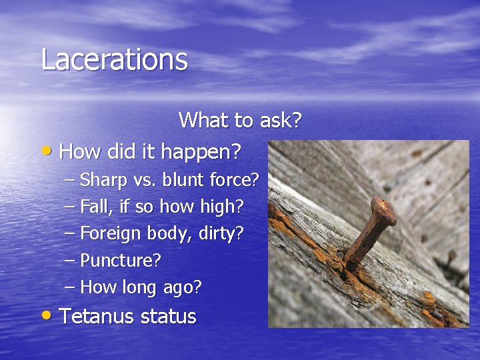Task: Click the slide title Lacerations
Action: tap(114, 59)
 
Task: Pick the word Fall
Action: tap(94, 207)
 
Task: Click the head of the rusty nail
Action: tap(384, 211)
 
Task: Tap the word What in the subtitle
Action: tap(203, 121)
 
